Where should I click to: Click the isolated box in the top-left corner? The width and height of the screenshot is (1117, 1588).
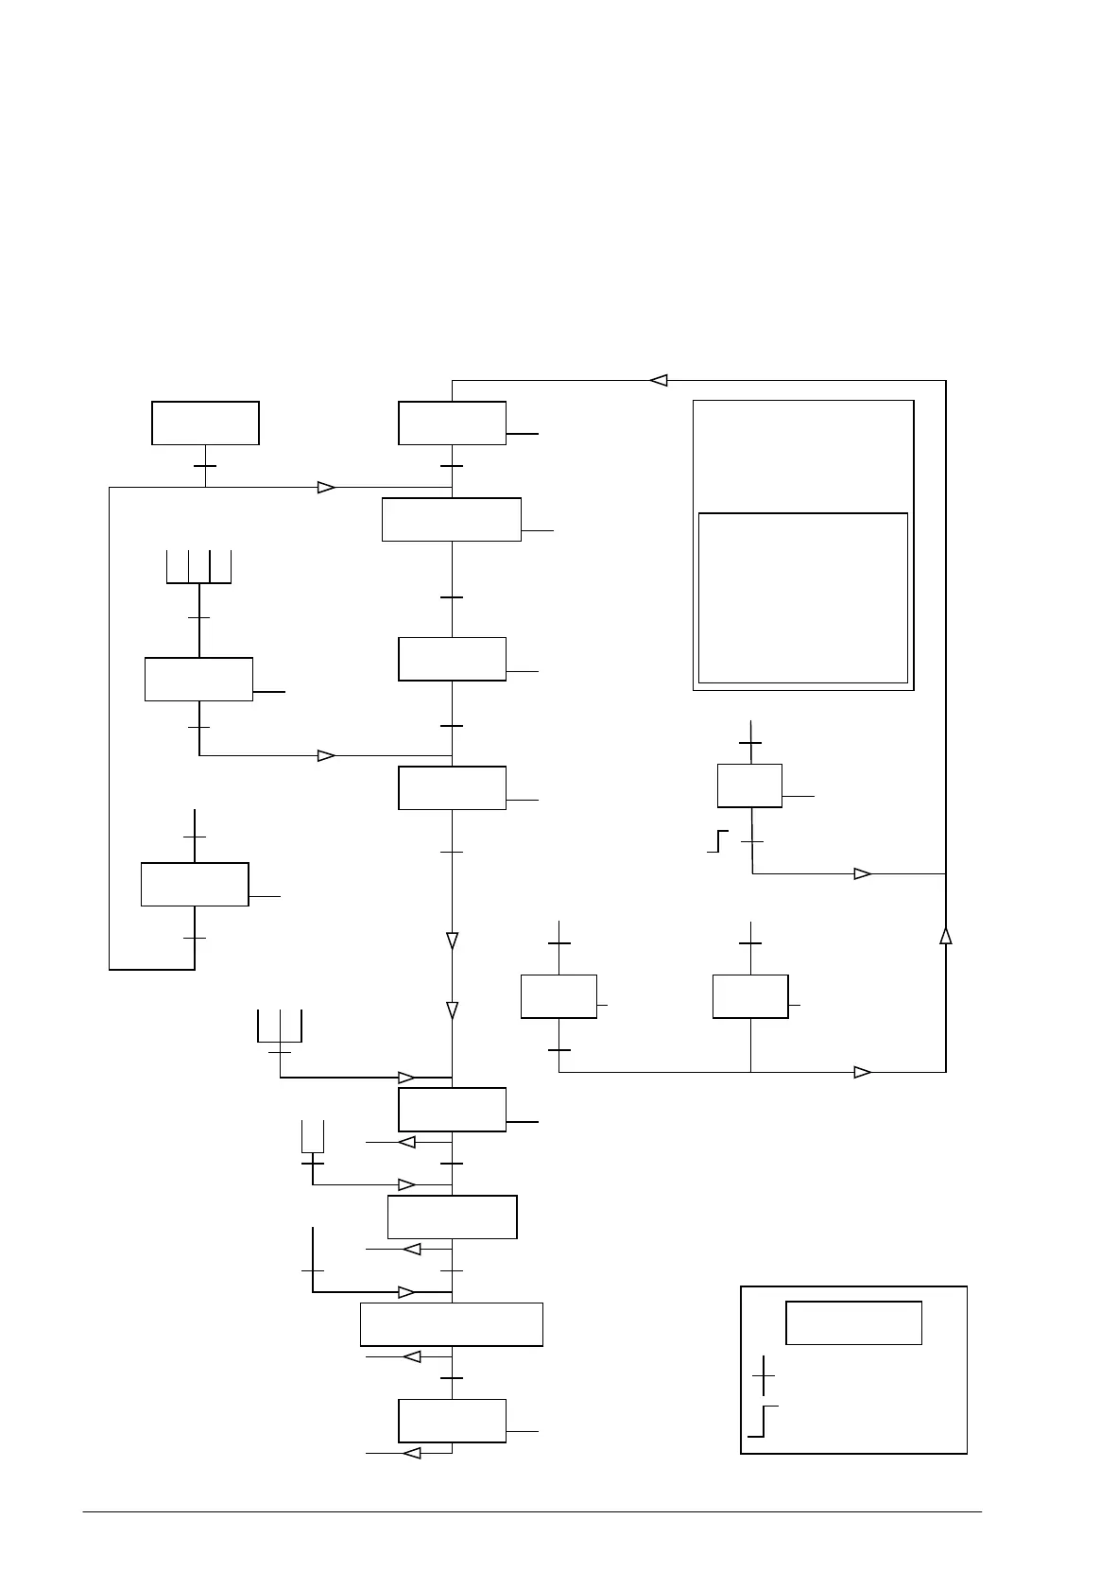coord(205,423)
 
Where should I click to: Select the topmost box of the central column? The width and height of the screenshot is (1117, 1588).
coord(452,423)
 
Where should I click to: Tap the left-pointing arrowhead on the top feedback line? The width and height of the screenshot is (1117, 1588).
coord(659,380)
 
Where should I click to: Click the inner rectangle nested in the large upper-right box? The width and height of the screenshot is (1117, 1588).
coord(802,597)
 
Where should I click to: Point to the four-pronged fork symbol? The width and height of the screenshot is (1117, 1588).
coord(198,566)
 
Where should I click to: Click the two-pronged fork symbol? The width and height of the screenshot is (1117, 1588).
coord(312,1136)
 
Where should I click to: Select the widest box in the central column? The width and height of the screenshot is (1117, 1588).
coord(452,1323)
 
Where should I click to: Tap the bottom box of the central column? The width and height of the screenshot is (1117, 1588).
coord(452,1420)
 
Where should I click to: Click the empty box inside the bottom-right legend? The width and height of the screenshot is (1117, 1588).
coord(853,1322)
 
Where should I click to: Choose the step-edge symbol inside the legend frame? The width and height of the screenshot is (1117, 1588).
coord(762,1421)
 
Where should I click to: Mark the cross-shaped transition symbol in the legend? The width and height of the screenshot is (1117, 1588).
coord(763,1376)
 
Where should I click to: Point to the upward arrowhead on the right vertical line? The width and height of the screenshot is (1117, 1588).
coord(945,935)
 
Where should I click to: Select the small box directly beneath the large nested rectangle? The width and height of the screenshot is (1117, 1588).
coord(749,785)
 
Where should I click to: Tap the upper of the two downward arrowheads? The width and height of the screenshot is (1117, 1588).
coord(452,941)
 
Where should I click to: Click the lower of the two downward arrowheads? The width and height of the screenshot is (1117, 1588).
coord(452,1010)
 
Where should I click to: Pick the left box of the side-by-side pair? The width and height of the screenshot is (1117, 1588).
coord(558,996)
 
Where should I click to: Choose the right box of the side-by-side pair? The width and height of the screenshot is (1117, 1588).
coord(749,996)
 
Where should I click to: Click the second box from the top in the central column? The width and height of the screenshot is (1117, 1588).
coord(452,519)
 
